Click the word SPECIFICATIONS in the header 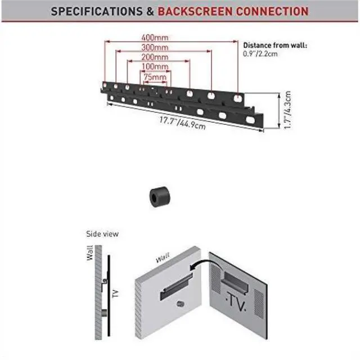point(97,11)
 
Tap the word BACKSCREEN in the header point(195,11)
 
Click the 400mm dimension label point(155,37)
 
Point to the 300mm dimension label point(155,47)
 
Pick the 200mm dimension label point(155,57)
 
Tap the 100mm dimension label point(155,66)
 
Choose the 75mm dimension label point(155,77)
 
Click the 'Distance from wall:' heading point(275,45)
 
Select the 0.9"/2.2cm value point(260,54)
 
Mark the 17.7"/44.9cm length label point(182,123)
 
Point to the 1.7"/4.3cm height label point(287,110)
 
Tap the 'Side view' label point(102,234)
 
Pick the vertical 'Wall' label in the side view point(89,253)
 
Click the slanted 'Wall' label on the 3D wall point(163,258)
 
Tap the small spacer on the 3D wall point(181,304)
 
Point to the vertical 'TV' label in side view point(115,294)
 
